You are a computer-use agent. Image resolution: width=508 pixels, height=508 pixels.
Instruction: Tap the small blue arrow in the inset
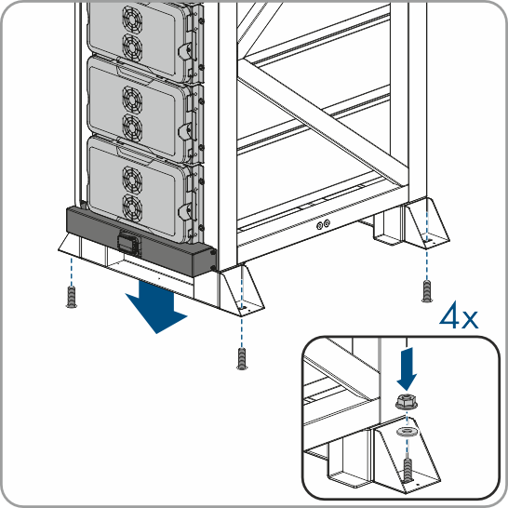click(x=407, y=368)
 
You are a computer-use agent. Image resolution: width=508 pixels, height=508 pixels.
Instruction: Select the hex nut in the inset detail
click(x=407, y=401)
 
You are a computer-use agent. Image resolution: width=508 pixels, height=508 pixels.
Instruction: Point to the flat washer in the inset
click(x=407, y=431)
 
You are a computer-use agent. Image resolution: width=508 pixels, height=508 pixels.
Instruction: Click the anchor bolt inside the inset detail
click(x=408, y=469)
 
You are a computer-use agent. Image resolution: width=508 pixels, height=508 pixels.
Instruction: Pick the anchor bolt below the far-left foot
click(x=72, y=297)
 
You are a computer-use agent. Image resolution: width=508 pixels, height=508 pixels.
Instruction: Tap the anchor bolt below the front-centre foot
click(x=242, y=358)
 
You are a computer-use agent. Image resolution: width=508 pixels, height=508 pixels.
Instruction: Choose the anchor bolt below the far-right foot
click(x=427, y=291)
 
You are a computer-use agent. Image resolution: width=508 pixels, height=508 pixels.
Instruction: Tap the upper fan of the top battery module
click(x=132, y=19)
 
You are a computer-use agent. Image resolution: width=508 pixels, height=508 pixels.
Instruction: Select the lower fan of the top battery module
click(x=132, y=47)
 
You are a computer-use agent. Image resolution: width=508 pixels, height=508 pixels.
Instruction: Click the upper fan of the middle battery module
click(x=132, y=100)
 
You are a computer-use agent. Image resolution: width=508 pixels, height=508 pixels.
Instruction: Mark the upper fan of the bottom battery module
click(x=132, y=180)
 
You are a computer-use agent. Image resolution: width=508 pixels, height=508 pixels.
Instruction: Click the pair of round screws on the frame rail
click(x=324, y=224)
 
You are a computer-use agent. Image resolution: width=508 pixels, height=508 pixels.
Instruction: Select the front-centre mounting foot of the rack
click(x=241, y=291)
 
